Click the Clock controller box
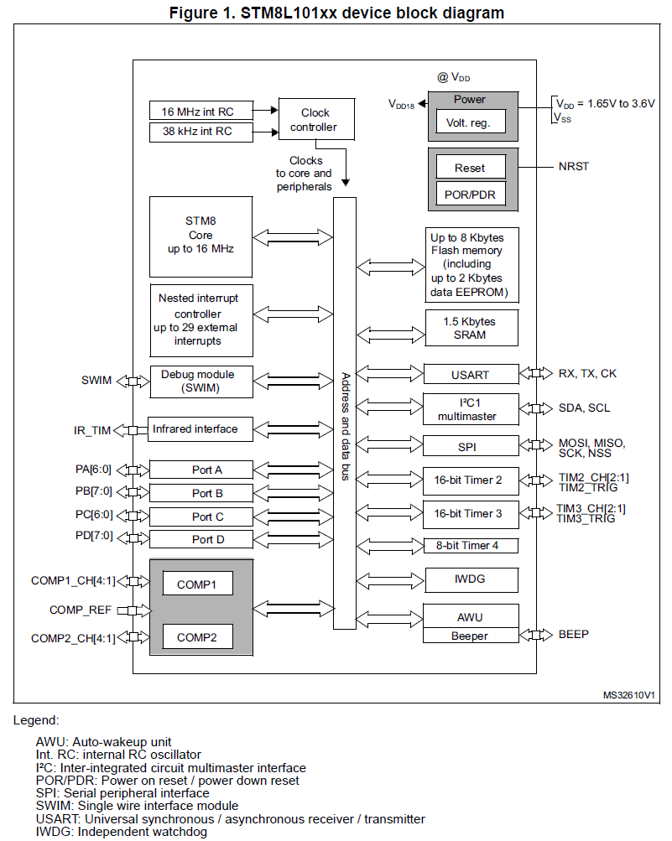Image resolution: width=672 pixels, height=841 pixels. (x=315, y=120)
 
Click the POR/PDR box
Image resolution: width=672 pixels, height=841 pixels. (x=470, y=195)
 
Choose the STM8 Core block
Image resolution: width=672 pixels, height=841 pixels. (x=201, y=236)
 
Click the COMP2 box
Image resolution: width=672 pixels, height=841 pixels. (x=197, y=638)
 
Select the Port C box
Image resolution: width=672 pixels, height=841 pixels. (x=201, y=517)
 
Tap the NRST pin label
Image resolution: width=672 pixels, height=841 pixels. (x=574, y=166)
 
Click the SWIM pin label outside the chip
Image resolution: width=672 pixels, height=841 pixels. (x=97, y=381)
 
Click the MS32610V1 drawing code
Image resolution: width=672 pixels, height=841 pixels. (x=628, y=696)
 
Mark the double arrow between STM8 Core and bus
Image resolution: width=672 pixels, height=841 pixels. (x=293, y=237)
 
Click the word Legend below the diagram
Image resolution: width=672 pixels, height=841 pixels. (x=37, y=720)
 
